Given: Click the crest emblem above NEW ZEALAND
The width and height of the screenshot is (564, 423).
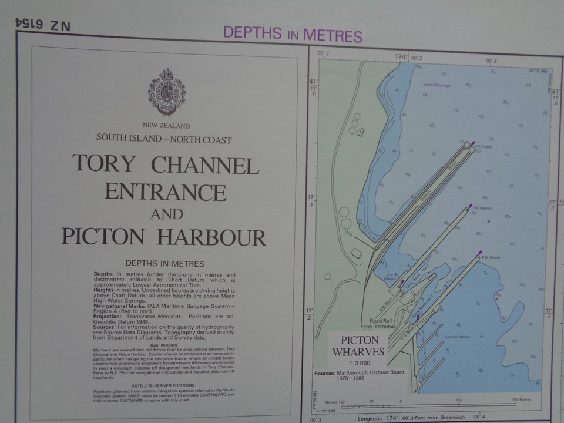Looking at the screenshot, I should click(166, 93).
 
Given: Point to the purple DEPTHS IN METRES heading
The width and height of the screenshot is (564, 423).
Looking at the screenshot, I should click(292, 34).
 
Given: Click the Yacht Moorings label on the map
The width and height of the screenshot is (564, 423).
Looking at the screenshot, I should click(436, 85).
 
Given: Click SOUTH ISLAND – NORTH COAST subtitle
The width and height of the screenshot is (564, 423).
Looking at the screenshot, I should click(164, 140).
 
